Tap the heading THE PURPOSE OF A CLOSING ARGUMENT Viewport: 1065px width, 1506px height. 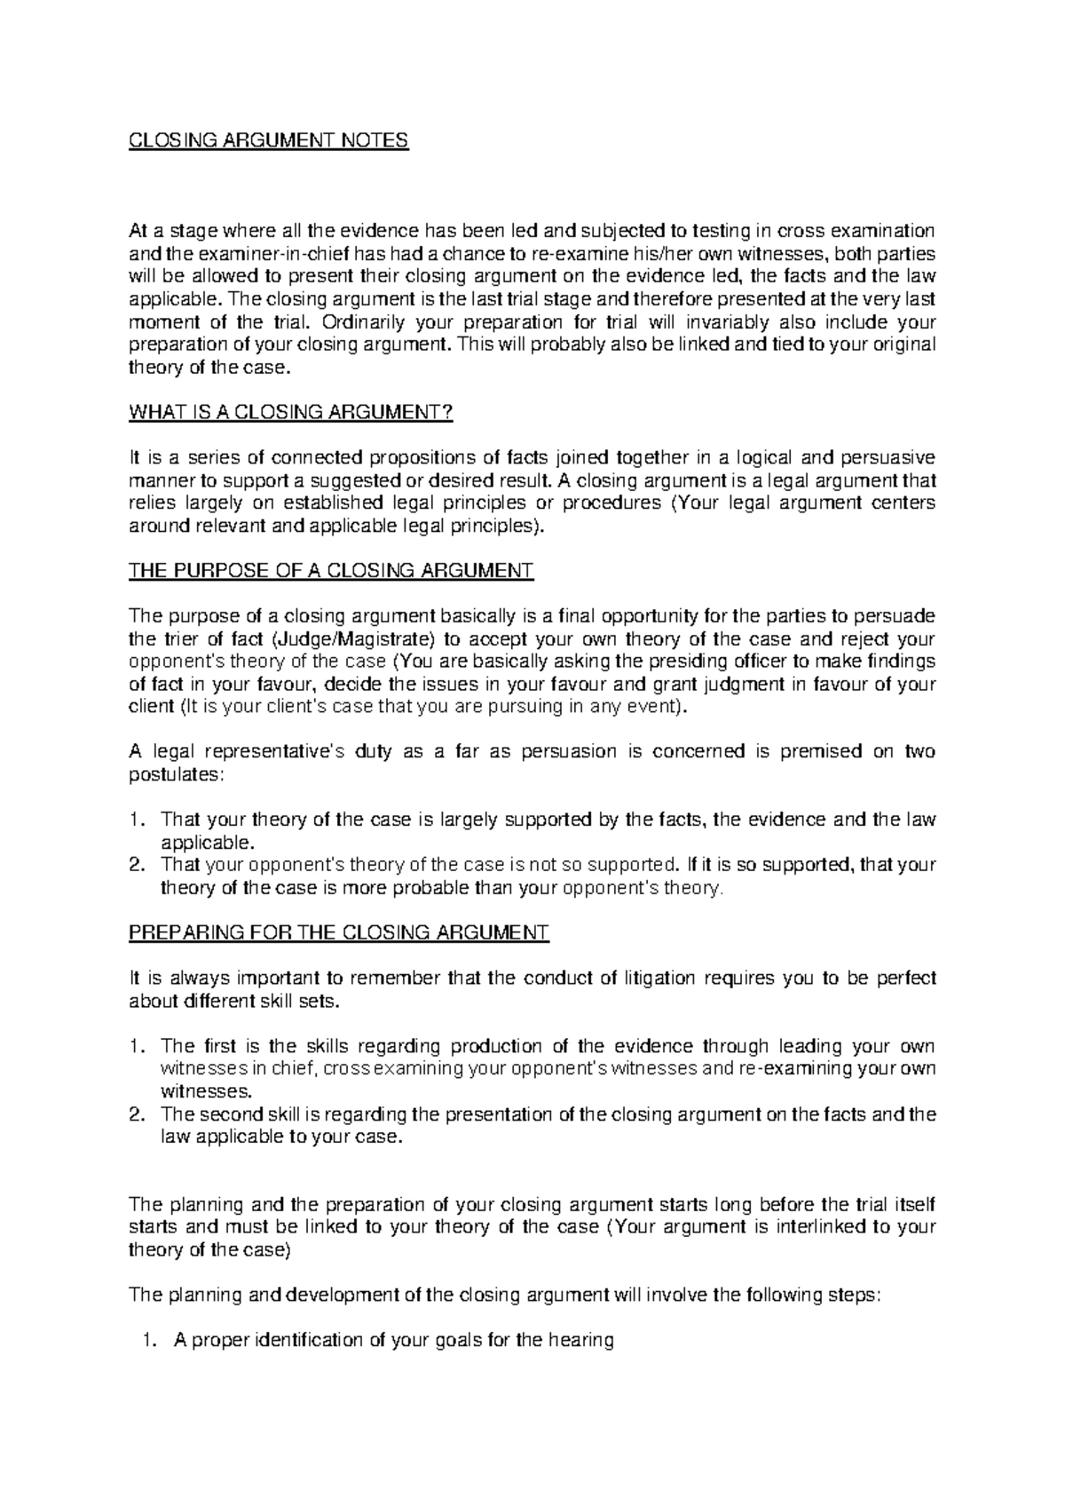pyautogui.click(x=331, y=570)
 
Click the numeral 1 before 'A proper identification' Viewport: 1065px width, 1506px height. pyautogui.click(x=148, y=1340)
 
